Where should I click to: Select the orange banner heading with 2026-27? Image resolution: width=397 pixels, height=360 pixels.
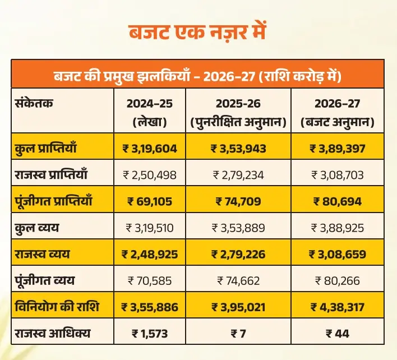pyautogui.click(x=198, y=75)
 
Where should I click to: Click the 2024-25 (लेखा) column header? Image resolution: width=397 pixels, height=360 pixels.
pyautogui.click(x=149, y=112)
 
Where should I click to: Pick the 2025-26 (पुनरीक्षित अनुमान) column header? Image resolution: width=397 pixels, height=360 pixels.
pyautogui.click(x=238, y=112)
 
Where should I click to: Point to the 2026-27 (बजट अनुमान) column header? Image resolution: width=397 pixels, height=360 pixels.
pyautogui.click(x=338, y=112)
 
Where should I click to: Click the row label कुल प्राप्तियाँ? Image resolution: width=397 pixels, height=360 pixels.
pyautogui.click(x=45, y=149)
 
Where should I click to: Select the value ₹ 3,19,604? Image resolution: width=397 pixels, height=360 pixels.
pyautogui.click(x=149, y=149)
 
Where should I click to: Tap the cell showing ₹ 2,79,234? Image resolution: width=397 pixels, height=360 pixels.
pyautogui.click(x=238, y=175)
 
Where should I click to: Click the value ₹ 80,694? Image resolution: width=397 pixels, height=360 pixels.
pyautogui.click(x=338, y=201)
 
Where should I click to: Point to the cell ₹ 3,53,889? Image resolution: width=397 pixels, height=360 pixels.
pyautogui.click(x=238, y=228)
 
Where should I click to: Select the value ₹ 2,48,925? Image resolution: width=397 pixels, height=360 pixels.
pyautogui.click(x=149, y=254)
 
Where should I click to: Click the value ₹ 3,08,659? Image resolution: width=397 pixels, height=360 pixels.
pyautogui.click(x=338, y=254)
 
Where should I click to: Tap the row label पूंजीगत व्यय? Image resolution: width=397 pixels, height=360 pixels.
pyautogui.click(x=44, y=280)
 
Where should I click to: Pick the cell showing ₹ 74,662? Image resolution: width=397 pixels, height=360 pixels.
pyautogui.click(x=238, y=280)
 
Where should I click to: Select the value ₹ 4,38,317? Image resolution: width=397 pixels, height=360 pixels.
pyautogui.click(x=338, y=307)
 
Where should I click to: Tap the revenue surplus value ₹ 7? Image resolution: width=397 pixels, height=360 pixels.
pyautogui.click(x=238, y=334)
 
